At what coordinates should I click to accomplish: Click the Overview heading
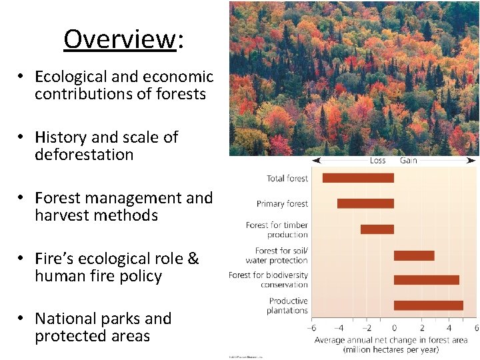tap(123, 39)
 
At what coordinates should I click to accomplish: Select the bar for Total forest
tap(358, 178)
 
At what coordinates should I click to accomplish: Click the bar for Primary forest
tap(365, 203)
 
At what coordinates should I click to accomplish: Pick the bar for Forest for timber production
tap(377, 229)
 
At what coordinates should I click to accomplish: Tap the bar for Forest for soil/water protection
tap(414, 255)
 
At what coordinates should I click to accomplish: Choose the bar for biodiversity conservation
tap(427, 280)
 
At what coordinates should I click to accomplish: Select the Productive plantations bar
tap(429, 305)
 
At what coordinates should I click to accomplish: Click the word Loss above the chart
tap(377, 161)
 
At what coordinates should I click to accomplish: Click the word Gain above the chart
tap(409, 161)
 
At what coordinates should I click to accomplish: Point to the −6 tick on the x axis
tap(311, 327)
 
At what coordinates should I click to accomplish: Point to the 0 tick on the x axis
tap(394, 327)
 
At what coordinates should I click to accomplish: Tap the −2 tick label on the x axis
tap(366, 327)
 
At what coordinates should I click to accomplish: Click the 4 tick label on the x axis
tap(449, 327)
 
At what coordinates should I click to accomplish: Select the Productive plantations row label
tap(287, 306)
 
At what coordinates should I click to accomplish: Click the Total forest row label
tap(287, 178)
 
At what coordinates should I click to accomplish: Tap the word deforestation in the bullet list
tap(84, 155)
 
